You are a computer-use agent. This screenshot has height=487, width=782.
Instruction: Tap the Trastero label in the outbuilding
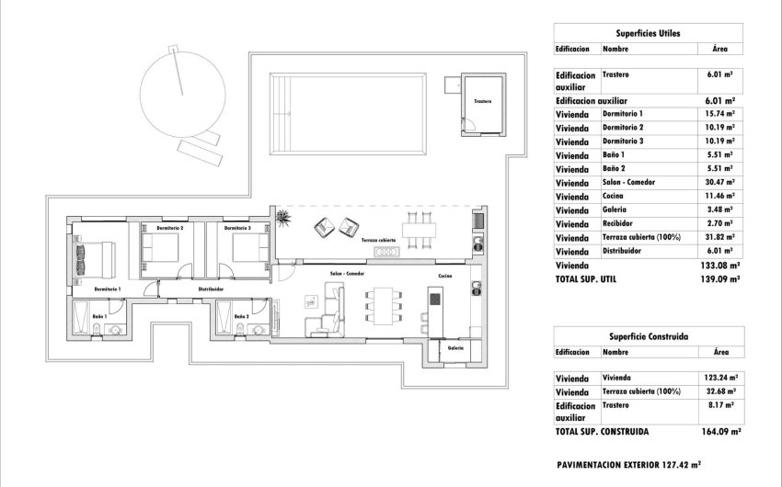pos(482,101)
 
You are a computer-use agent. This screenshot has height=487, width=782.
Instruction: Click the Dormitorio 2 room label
pos(169,227)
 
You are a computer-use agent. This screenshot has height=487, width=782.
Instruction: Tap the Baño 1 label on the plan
pos(99,316)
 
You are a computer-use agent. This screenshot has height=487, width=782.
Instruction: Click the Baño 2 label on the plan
pos(241,316)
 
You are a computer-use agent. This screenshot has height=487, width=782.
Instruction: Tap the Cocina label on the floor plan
pos(444,275)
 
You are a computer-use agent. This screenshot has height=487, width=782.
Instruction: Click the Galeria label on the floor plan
pos(455,348)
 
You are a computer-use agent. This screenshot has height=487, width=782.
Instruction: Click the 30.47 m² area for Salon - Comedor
pos(719,183)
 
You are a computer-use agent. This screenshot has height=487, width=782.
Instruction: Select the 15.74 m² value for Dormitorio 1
pos(719,114)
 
